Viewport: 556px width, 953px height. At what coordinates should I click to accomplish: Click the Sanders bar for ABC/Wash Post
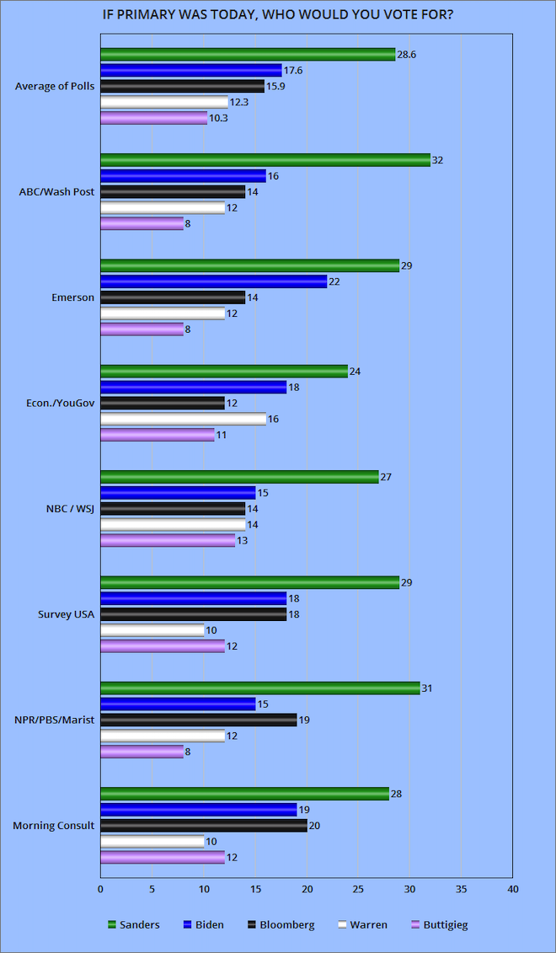pyautogui.click(x=265, y=160)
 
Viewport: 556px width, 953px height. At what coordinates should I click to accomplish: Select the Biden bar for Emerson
pyautogui.click(x=213, y=281)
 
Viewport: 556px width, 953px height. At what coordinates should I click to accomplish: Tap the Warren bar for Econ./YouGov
pyautogui.click(x=183, y=419)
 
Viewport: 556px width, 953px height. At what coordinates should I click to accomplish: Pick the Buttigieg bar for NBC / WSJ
pyautogui.click(x=168, y=540)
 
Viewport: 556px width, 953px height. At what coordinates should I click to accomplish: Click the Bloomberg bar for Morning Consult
pyautogui.click(x=203, y=825)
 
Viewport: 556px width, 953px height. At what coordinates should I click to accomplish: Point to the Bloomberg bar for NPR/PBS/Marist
pyautogui.click(x=198, y=720)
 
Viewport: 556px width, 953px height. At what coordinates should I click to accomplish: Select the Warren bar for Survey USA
pyautogui.click(x=152, y=630)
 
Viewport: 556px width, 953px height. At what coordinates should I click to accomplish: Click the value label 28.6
pyautogui.click(x=408, y=54)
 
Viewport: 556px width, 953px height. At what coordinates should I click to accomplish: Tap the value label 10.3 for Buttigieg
pyautogui.click(x=219, y=118)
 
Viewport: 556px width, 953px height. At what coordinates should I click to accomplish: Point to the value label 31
pyautogui.click(x=428, y=688)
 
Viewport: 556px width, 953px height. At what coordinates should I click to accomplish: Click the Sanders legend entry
pyautogui.click(x=135, y=924)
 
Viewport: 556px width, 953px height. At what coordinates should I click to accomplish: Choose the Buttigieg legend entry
pyautogui.click(x=438, y=924)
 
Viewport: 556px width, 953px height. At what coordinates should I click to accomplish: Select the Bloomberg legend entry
pyautogui.click(x=281, y=924)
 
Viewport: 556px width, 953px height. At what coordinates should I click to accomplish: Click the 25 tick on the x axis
pyautogui.click(x=358, y=888)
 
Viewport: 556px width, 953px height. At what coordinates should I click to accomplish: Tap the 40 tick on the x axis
pyautogui.click(x=512, y=888)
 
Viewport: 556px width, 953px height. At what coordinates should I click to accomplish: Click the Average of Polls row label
pyautogui.click(x=56, y=86)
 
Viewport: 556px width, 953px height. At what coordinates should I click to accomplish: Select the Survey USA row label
pyautogui.click(x=66, y=614)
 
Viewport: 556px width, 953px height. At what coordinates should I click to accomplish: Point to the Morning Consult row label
pyautogui.click(x=53, y=825)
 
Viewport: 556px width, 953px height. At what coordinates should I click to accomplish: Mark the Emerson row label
pyautogui.click(x=73, y=297)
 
